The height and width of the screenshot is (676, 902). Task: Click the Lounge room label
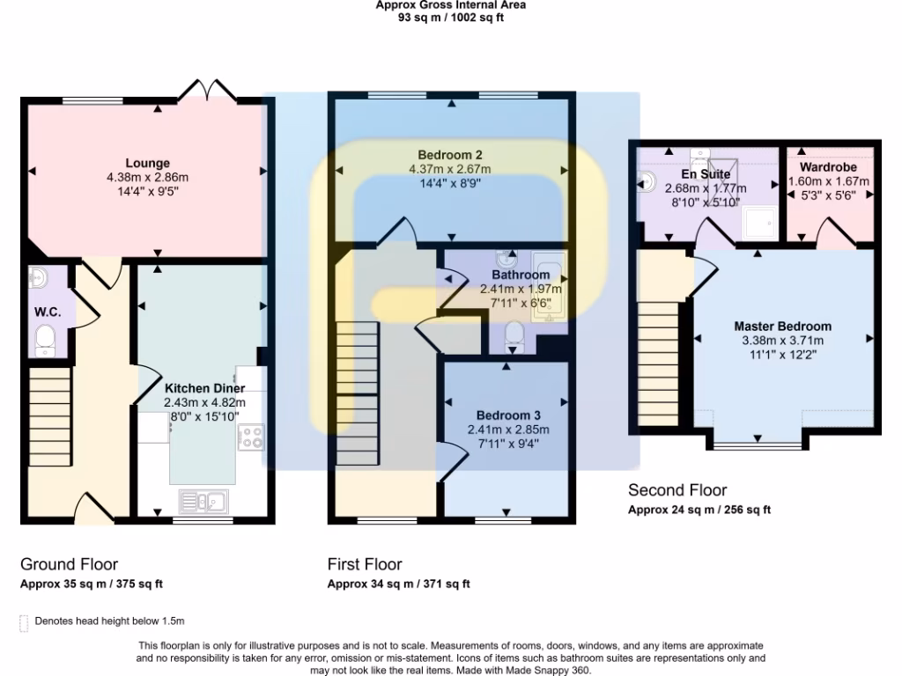tap(147, 163)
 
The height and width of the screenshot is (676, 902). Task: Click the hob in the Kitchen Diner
tap(251, 437)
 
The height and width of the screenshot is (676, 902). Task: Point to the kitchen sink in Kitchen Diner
tap(203, 502)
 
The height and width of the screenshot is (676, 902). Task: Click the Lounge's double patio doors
tap(208, 92)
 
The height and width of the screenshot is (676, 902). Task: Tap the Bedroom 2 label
tap(449, 154)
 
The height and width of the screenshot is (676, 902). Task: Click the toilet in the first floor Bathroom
tap(514, 335)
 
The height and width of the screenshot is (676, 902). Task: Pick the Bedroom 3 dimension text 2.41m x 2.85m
tap(508, 430)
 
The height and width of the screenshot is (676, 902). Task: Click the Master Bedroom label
tap(782, 326)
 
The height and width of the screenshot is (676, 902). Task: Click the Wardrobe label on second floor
tap(828, 166)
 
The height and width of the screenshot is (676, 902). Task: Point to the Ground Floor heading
tap(69, 564)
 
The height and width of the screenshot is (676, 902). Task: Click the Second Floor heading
tap(677, 490)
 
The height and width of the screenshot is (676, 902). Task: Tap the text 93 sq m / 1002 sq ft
tap(451, 17)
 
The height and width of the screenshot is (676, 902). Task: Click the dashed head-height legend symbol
tap(24, 622)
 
